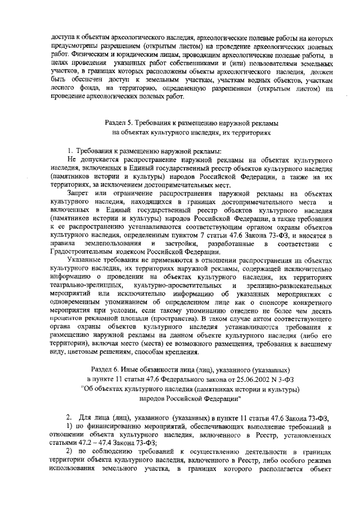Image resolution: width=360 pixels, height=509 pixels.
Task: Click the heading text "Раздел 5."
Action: click(120, 123)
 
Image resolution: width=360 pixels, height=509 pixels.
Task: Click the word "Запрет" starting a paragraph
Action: click(79, 193)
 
